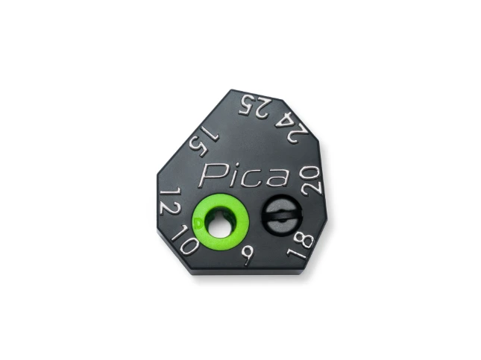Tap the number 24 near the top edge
291,127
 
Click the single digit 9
247,256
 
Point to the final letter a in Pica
277,178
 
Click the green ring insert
219,221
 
